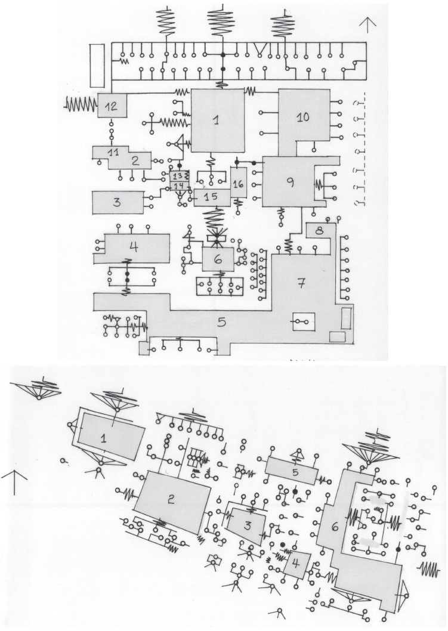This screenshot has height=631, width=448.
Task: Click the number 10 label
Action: tap(303, 117)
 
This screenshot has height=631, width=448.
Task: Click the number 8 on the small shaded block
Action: tap(319, 230)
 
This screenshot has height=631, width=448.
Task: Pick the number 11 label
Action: tap(112, 152)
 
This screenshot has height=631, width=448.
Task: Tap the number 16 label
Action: tap(238, 183)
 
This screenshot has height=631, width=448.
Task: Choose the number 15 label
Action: tap(209, 197)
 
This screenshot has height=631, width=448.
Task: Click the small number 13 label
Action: tap(177, 177)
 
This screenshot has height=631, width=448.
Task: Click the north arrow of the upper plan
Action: tap(369, 24)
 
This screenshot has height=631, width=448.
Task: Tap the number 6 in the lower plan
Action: tap(334, 527)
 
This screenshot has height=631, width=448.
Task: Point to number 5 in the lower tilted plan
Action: tap(295, 471)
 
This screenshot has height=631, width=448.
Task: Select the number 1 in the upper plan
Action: tap(217, 120)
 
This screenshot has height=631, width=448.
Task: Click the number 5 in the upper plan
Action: tap(221, 323)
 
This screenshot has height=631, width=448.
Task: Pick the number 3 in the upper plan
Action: tap(117, 202)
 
